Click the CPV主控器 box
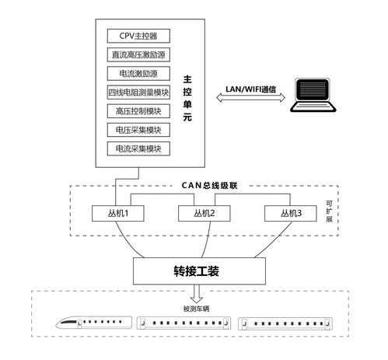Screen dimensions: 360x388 (138, 37)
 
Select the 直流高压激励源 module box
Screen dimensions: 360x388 (138, 55)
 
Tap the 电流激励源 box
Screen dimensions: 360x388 (138, 74)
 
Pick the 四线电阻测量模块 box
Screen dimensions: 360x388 (138, 93)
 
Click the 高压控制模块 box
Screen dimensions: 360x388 (138, 111)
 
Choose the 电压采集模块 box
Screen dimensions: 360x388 (138, 130)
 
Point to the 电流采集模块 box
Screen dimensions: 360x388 (138, 149)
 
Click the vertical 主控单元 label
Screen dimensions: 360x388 (187, 96)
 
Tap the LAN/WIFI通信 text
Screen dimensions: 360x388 (251, 89)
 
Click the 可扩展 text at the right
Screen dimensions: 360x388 (329, 211)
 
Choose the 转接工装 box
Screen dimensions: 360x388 (196, 271)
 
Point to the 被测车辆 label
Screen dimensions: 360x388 (196, 309)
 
